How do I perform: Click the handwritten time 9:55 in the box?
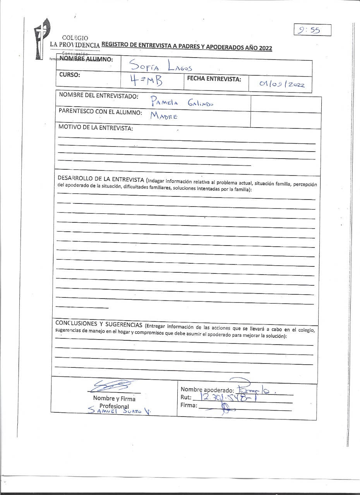pos(312,30)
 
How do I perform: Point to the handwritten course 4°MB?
pos(146,82)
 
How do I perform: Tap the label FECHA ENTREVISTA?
pos(214,79)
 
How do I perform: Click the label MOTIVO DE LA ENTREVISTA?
pos(95,128)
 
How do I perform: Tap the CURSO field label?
pos(70,75)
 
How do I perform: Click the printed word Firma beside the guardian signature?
pos(189,405)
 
